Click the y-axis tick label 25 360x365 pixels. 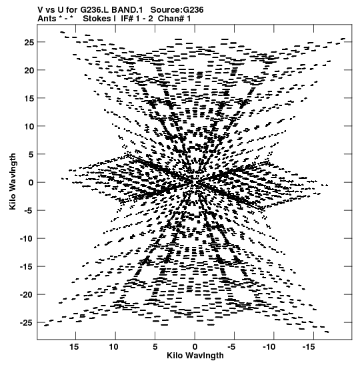point(29,42)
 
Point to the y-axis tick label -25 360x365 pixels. point(27,323)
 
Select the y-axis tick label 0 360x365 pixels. point(31,183)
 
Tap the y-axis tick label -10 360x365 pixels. point(27,239)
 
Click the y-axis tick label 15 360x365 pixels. point(29,98)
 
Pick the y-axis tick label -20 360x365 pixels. point(27,295)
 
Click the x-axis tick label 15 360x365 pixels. point(74,347)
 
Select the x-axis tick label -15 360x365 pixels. point(309,347)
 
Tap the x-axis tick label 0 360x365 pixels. point(195,347)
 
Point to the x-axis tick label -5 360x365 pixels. point(231,347)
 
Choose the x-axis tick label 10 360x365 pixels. point(114,347)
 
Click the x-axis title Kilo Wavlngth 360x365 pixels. point(195,356)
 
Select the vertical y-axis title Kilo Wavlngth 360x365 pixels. point(13,181)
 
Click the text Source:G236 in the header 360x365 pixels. point(177,10)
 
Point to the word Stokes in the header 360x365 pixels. point(97,19)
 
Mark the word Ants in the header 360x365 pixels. point(47,19)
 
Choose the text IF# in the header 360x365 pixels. point(127,19)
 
